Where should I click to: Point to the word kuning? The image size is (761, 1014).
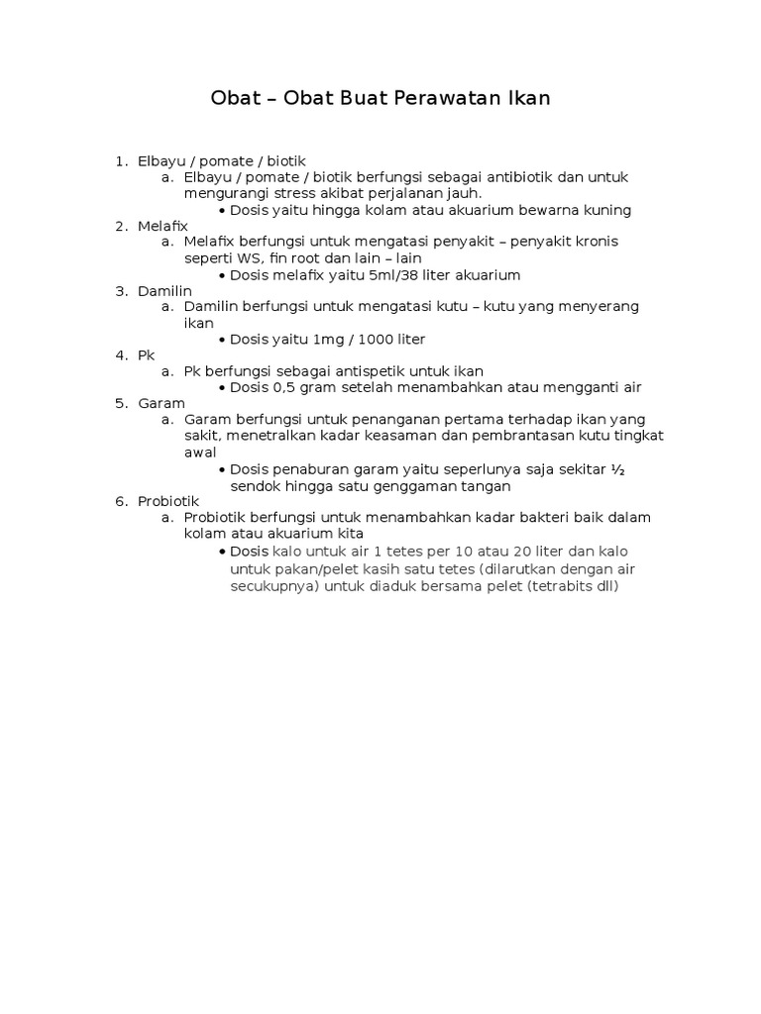(x=607, y=210)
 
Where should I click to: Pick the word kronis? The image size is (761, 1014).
(x=606, y=242)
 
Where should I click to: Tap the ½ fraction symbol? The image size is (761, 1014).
(x=617, y=469)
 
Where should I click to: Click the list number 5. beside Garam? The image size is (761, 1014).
(x=121, y=403)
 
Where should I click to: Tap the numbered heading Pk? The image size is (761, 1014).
(x=147, y=355)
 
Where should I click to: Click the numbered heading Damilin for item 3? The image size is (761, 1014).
(x=164, y=290)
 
